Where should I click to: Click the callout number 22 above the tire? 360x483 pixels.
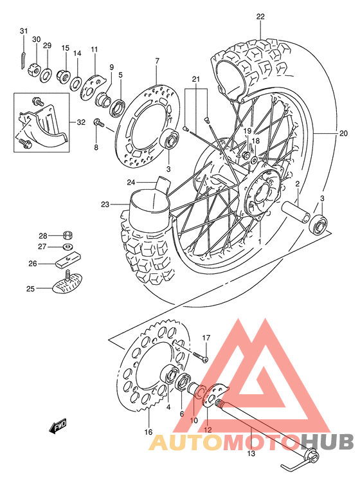click(260, 17)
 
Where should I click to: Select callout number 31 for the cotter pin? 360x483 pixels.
click(24, 32)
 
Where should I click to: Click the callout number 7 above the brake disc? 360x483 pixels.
click(156, 61)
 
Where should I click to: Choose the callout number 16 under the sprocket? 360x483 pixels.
click(148, 432)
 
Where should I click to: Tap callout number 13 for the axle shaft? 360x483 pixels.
click(251, 453)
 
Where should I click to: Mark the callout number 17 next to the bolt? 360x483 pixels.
click(206, 338)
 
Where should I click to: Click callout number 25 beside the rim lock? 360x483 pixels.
click(30, 289)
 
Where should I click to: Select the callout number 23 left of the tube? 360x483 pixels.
click(105, 205)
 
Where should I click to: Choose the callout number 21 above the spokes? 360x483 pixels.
click(196, 79)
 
